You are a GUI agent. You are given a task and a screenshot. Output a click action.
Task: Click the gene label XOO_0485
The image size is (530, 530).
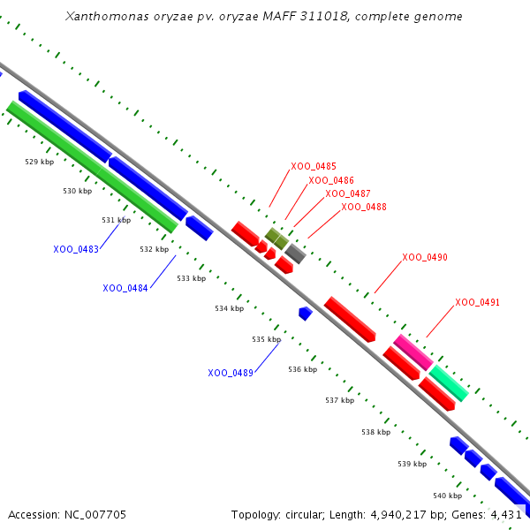click(314, 166)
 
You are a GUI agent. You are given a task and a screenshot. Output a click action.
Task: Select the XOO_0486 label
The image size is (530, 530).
click(331, 180)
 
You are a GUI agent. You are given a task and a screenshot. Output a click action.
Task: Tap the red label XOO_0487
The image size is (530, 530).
click(348, 193)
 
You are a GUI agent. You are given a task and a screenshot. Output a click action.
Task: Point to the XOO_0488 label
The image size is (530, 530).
click(364, 207)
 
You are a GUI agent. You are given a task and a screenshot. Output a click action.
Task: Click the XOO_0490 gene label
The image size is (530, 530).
click(425, 257)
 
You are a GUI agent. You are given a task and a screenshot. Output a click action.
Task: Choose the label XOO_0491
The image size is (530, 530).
click(478, 302)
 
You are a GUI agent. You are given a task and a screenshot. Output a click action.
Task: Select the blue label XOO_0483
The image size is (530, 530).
click(76, 249)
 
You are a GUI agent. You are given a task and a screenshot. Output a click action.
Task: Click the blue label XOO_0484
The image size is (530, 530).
click(125, 288)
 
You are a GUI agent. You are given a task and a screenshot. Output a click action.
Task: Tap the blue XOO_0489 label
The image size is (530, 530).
click(231, 373)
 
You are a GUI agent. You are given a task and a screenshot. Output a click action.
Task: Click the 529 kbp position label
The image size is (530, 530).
click(39, 162)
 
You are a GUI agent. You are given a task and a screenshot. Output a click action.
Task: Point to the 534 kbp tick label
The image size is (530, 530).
click(229, 308)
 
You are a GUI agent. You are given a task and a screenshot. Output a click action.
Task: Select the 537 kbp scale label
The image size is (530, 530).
click(339, 400)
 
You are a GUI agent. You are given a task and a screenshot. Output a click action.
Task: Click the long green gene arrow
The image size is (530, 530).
click(92, 167)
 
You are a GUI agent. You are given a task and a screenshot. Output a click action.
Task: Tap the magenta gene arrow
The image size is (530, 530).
click(413, 352)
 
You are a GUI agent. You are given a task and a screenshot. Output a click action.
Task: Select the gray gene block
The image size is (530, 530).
click(296, 254)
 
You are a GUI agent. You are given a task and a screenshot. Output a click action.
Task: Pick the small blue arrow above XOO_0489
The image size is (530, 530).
click(305, 313)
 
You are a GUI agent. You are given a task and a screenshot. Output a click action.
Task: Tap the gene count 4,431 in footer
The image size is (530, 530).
click(507, 514)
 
